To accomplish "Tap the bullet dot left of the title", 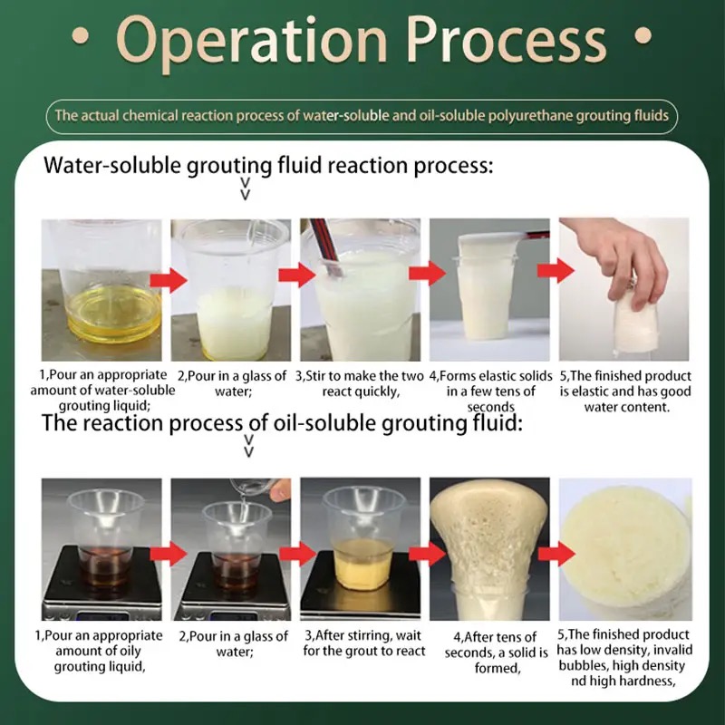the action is click(81, 35).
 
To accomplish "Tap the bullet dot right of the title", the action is click(643, 35).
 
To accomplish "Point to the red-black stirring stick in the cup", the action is click(327, 247).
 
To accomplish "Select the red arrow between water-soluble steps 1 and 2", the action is click(169, 280).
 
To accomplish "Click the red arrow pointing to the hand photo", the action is click(556, 271).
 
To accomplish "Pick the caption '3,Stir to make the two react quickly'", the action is click(360, 383).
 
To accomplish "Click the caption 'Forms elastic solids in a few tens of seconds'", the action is click(490, 391).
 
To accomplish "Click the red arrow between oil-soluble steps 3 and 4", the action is click(427, 554).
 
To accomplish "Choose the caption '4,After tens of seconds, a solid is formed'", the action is click(496, 652).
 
